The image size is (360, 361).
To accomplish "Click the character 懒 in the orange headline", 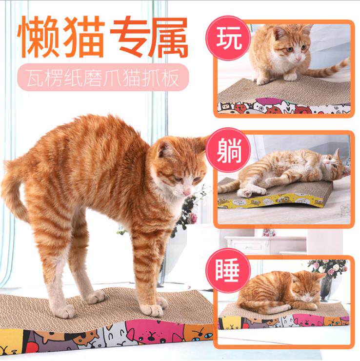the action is [x=39, y=37].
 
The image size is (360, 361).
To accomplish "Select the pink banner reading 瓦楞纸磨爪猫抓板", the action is [x=103, y=77].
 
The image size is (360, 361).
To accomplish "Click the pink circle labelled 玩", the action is [x=228, y=38].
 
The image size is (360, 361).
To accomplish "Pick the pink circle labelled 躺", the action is [x=228, y=150].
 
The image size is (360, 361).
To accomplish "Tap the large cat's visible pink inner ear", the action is [x=164, y=150].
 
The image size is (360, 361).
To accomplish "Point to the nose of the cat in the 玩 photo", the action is [x=299, y=59].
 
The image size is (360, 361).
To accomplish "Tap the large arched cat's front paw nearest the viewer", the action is [x=153, y=310].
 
